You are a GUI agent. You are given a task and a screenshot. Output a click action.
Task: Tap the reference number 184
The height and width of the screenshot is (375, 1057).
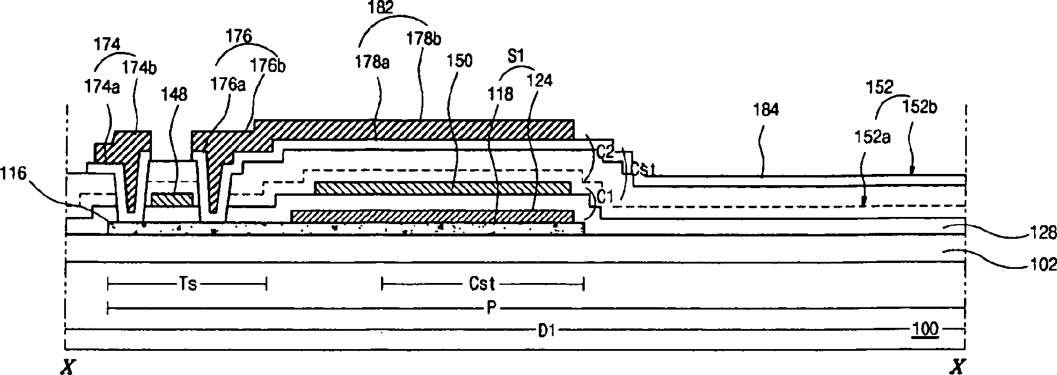766,109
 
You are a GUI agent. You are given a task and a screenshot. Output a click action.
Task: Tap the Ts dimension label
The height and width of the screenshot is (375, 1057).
187,284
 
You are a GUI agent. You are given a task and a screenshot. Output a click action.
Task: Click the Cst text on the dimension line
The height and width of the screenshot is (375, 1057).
482,284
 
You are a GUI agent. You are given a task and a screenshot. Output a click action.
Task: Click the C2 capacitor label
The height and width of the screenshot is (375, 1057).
606,152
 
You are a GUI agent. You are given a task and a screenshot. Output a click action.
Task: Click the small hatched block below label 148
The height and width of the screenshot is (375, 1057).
173,199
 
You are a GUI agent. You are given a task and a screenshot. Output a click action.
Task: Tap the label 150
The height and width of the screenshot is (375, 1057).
459,61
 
